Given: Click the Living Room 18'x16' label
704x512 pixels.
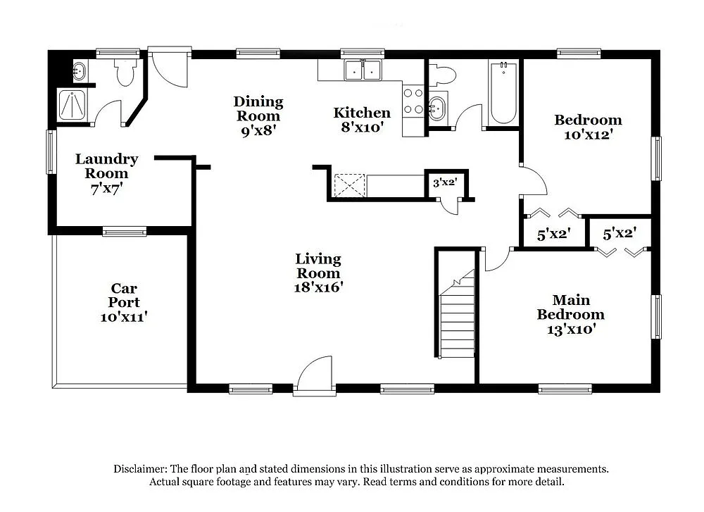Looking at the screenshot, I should pos(318,273).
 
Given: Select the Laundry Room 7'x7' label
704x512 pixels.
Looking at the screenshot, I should pos(106,173).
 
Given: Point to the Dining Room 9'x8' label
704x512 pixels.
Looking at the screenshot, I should pos(258,115).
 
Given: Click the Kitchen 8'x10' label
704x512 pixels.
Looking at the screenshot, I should pos(362,120).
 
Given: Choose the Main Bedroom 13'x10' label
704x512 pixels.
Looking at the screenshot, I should pos(570,314).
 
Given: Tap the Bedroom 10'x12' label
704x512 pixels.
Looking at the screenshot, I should pos(588,127).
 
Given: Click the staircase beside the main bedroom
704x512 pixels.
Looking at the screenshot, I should pos(456,317).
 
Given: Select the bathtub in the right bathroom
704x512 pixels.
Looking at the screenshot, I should pos(503,93).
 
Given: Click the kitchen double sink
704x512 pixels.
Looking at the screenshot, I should pos(363,70).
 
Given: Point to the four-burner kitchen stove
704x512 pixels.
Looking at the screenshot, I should pos(413,101).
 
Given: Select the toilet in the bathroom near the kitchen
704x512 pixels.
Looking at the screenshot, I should pos(444,74).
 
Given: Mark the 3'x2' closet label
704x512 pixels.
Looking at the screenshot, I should pos(444,182).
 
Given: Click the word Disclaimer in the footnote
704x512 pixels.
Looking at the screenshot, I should pos(139,468).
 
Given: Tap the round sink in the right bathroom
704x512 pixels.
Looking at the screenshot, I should pos(437,108).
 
